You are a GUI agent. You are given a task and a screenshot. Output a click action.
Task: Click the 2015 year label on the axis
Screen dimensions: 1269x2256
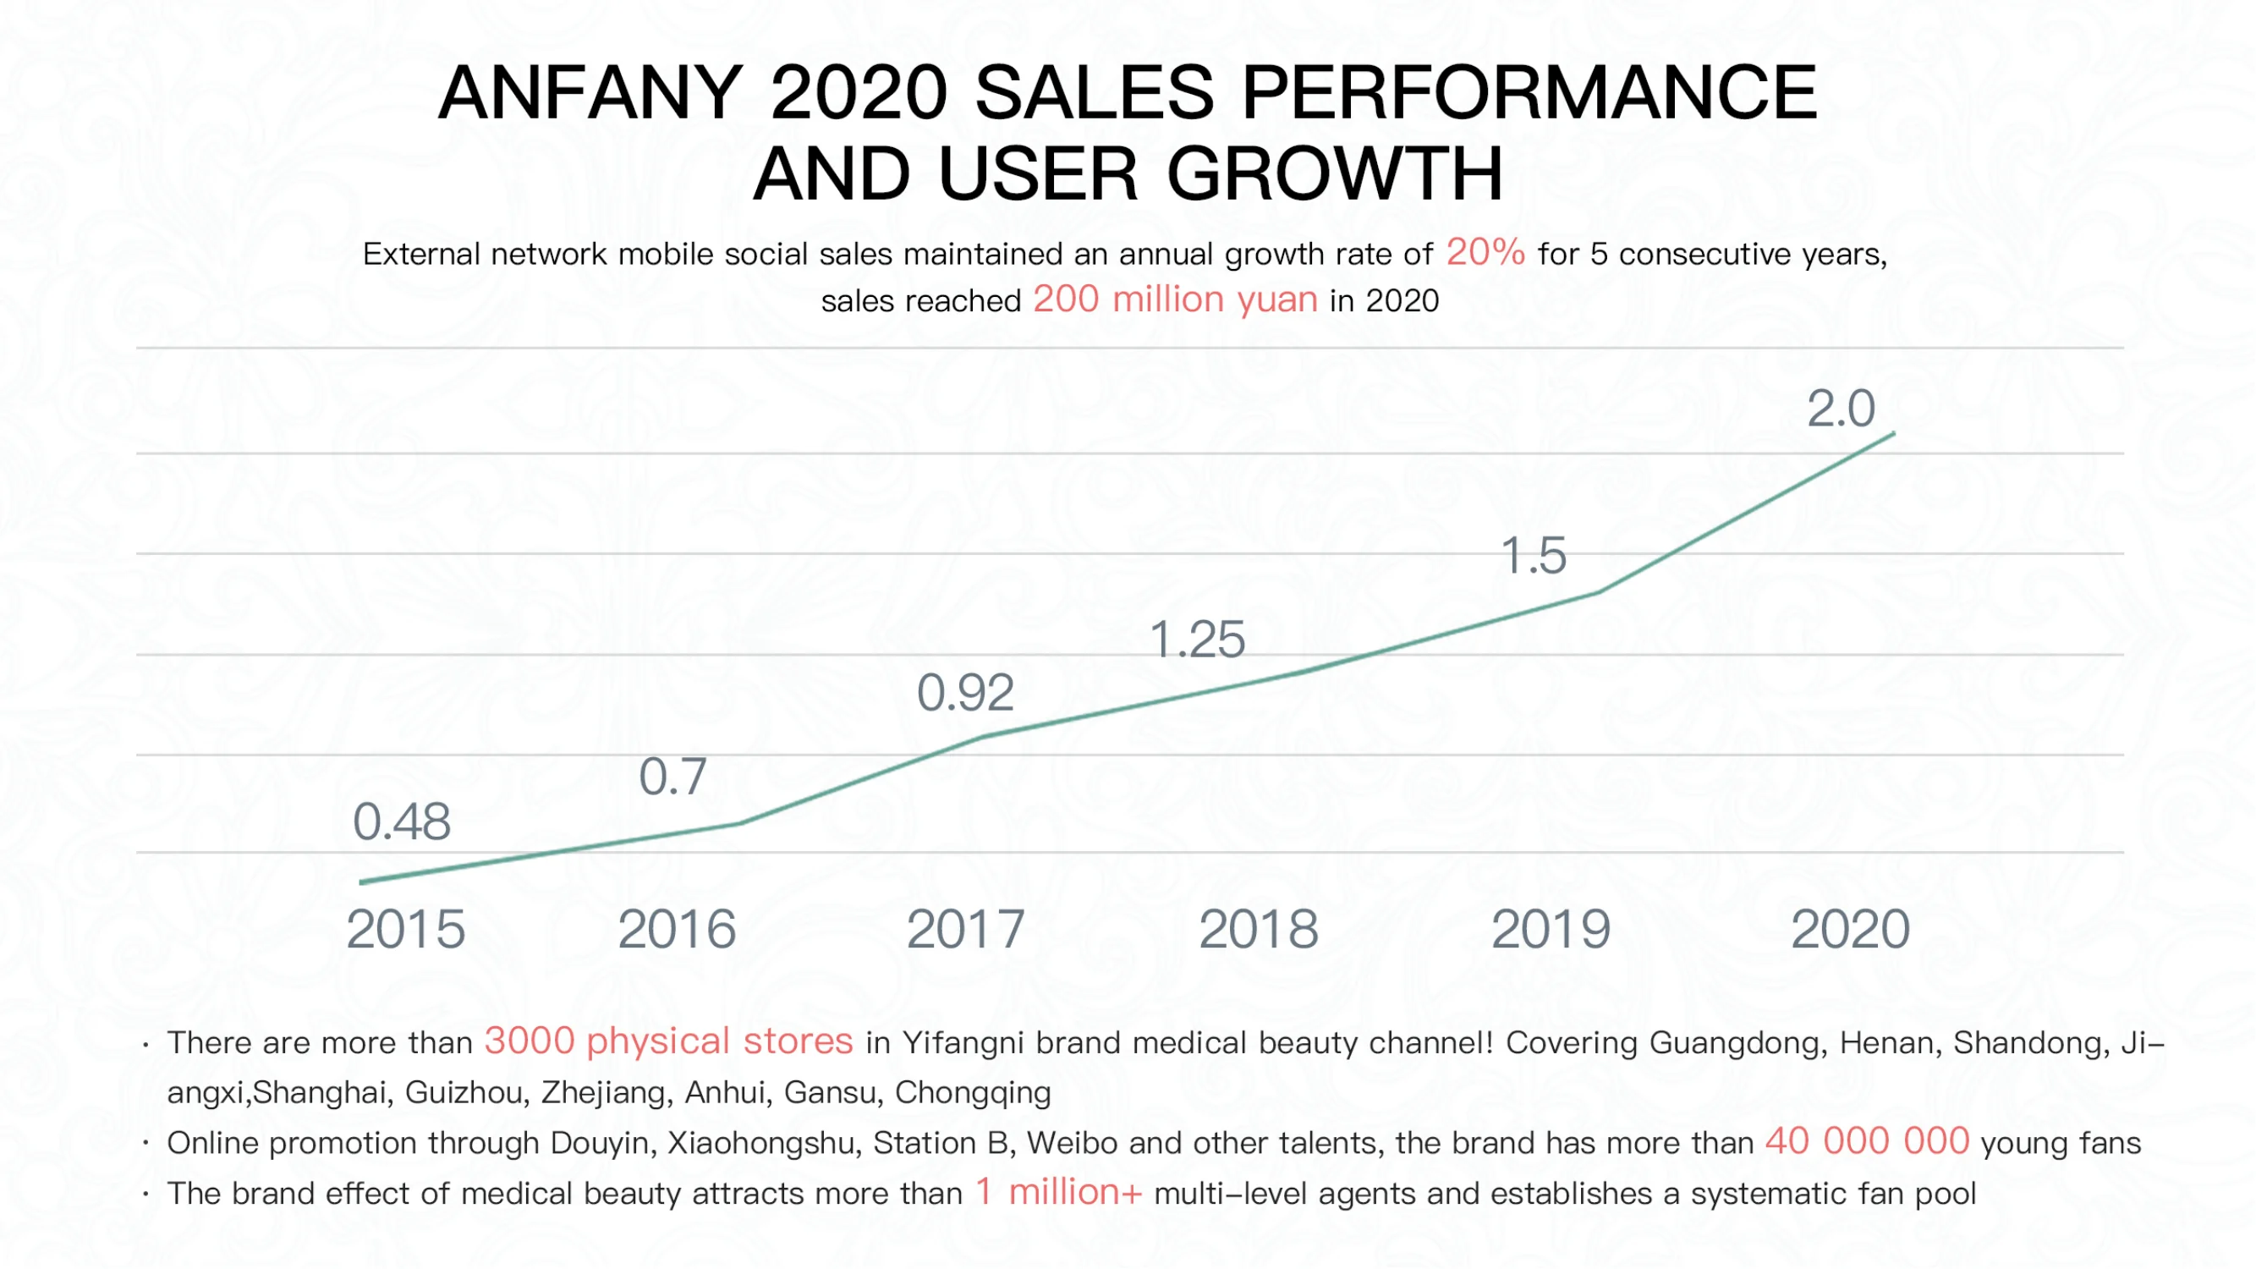click(x=405, y=929)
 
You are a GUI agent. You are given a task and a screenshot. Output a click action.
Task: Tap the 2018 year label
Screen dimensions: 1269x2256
click(x=1259, y=929)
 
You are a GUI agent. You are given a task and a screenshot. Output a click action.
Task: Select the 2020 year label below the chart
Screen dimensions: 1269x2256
click(x=1850, y=929)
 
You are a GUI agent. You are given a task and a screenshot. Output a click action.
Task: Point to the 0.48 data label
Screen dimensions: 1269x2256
click(x=401, y=822)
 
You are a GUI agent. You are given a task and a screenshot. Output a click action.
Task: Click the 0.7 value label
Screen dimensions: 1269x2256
click(x=672, y=777)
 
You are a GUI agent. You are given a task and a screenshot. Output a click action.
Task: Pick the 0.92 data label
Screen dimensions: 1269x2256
click(x=965, y=694)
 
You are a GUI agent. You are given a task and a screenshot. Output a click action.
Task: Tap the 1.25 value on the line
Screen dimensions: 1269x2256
click(x=1196, y=640)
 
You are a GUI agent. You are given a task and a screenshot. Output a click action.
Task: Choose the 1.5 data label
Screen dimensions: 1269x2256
click(x=1533, y=556)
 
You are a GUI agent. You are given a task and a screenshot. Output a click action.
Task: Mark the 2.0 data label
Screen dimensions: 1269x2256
click(x=1841, y=409)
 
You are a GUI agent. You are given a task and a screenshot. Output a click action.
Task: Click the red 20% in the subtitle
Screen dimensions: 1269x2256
click(x=1485, y=252)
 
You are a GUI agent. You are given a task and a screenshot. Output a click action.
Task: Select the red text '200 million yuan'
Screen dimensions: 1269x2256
click(x=1175, y=299)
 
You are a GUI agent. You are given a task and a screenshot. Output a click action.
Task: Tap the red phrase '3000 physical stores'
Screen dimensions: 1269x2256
click(x=668, y=1041)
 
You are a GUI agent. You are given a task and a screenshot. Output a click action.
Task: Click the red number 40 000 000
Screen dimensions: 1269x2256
click(x=1867, y=1141)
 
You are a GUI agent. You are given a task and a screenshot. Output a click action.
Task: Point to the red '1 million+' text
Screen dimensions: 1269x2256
click(x=1059, y=1192)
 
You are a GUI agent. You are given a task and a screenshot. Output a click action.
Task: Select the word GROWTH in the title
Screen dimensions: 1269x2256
click(x=1335, y=173)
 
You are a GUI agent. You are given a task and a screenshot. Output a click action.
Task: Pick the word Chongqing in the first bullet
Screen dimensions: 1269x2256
click(x=972, y=1092)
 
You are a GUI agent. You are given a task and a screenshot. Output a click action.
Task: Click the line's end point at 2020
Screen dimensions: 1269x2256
click(x=1893, y=432)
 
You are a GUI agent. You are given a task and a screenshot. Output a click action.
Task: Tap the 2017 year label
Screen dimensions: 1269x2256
click(x=965, y=929)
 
